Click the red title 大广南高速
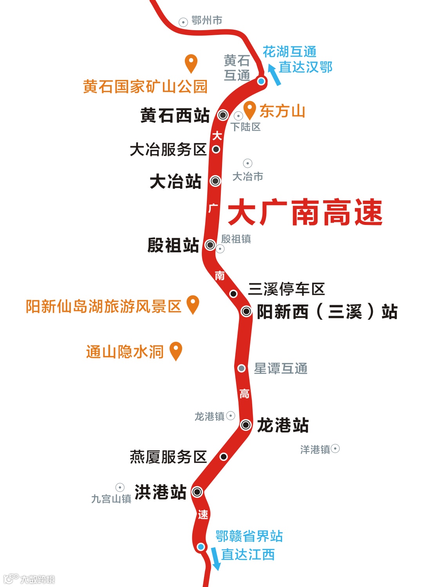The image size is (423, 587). tap(305, 212)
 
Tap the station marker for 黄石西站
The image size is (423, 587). tap(223, 115)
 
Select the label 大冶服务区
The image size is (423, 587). tap(168, 150)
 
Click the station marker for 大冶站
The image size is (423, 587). tap(215, 181)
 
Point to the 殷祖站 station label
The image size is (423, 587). tap(173, 245)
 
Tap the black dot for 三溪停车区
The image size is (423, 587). tap(233, 293)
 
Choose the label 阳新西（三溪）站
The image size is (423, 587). tap(327, 312)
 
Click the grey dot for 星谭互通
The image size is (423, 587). tap(242, 368)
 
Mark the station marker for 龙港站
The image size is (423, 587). tap(246, 425)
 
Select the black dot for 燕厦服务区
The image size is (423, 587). tap(224, 457)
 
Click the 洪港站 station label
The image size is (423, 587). tap(160, 492)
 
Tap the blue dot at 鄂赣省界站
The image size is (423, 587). tap(201, 547)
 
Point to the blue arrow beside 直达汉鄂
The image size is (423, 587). tap(274, 74)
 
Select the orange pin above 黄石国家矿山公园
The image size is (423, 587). tap(191, 63)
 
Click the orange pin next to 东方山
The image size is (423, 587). tap(249, 110)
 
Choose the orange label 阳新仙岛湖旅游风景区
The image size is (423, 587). tap(103, 306)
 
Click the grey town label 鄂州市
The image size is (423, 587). tap(207, 20)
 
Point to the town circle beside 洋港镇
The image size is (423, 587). tap(335, 448)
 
